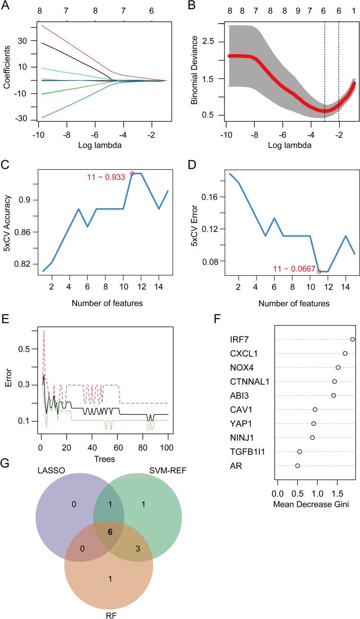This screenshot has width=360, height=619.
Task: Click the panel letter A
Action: [6, 7]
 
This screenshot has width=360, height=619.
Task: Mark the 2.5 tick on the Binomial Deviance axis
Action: [208, 42]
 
